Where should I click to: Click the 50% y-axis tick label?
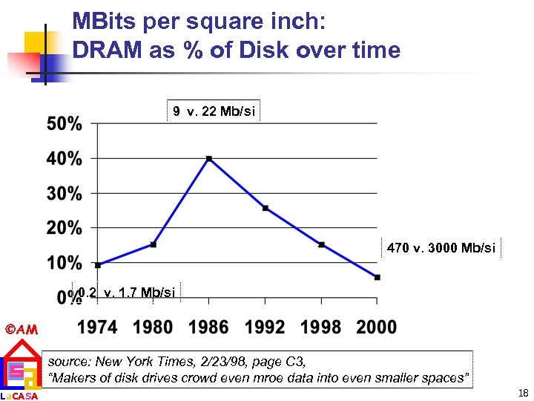click(65, 124)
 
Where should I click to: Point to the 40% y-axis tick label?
click(65, 158)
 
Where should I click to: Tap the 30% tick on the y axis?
click(65, 193)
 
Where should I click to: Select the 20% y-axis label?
click(65, 228)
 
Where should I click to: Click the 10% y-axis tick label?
click(65, 263)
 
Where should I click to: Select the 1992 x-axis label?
click(266, 326)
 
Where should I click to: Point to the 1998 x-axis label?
click(321, 326)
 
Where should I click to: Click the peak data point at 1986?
click(209, 158)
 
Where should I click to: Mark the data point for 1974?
click(98, 264)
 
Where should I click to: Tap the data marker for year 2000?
click(378, 277)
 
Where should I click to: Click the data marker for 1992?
click(266, 208)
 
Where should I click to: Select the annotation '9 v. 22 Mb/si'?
click(214, 111)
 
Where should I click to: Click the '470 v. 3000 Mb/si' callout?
click(441, 248)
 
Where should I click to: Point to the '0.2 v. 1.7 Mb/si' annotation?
click(125, 293)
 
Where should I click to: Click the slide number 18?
click(524, 391)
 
